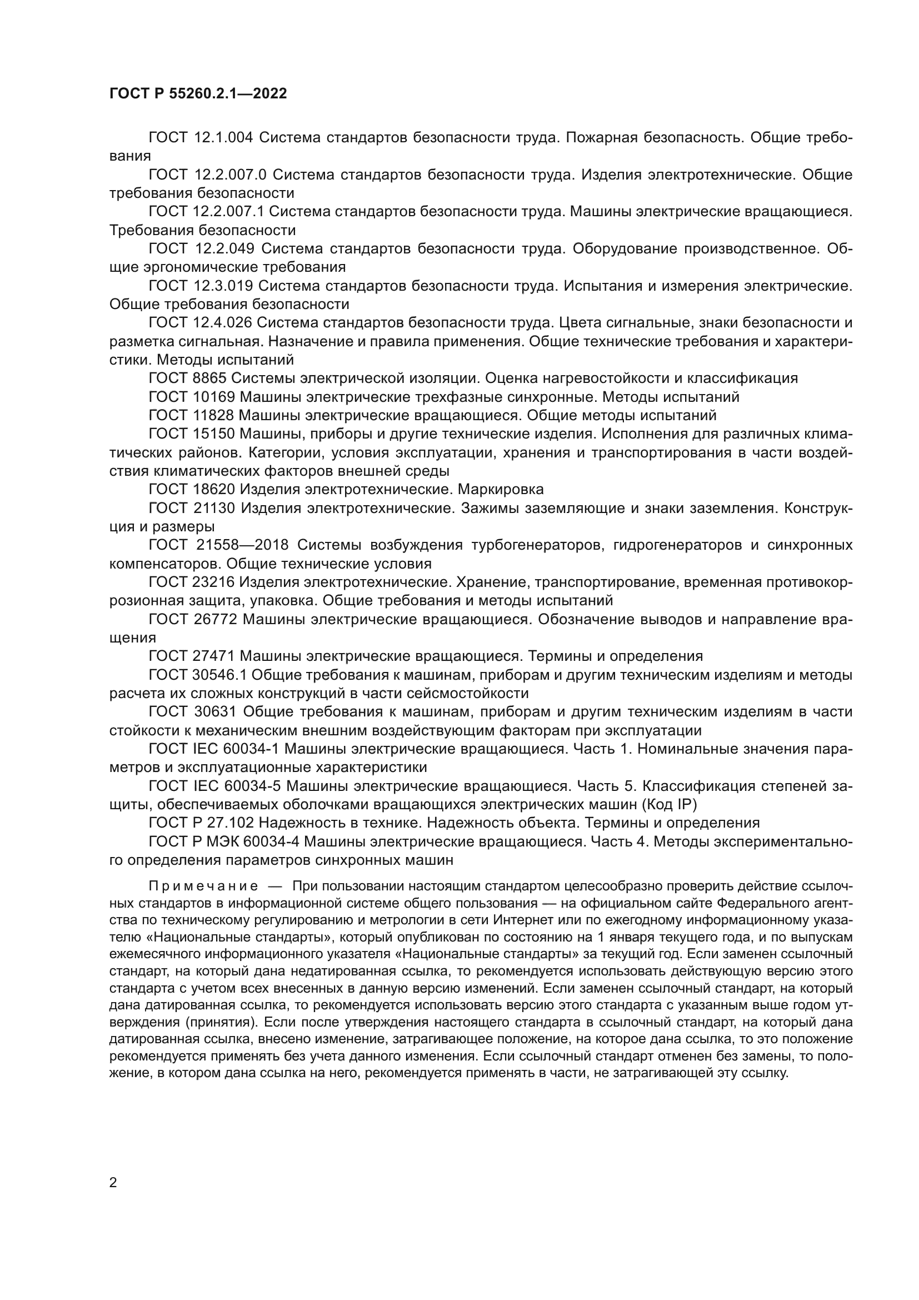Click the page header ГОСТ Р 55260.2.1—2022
198,93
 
